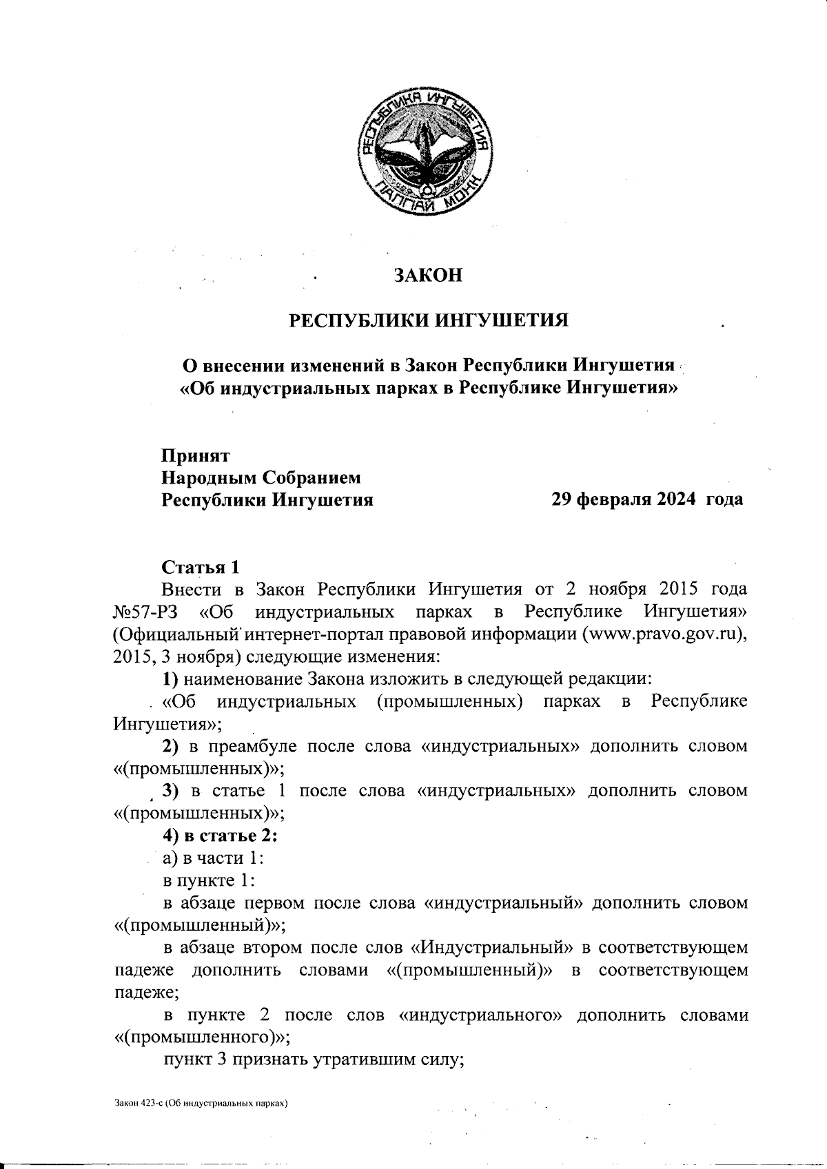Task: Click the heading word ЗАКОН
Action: pyautogui.click(x=427, y=275)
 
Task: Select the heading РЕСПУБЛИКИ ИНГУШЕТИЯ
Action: pyautogui.click(x=427, y=320)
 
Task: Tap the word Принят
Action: pyautogui.click(x=196, y=456)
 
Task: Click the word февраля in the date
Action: pyautogui.click(x=611, y=499)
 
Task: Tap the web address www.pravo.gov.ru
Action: pyautogui.click(x=662, y=634)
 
